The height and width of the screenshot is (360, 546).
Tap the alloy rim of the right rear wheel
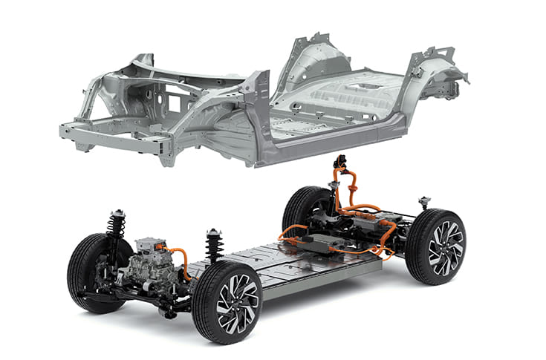point(445,247)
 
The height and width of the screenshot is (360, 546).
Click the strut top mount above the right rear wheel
point(425,201)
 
